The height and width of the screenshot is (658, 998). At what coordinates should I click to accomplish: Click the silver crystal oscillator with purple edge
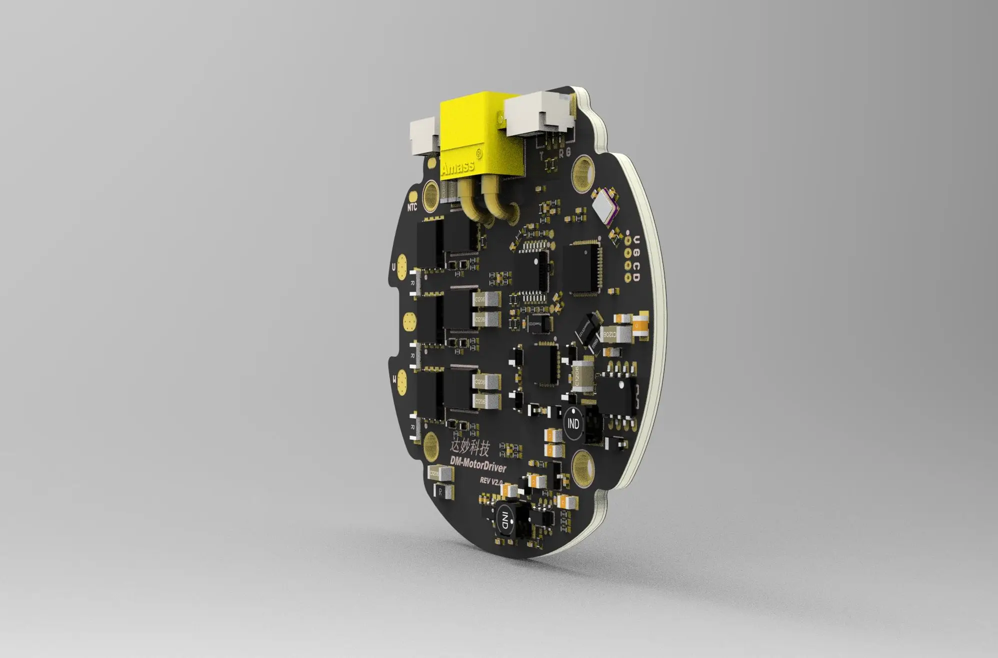coord(605,205)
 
